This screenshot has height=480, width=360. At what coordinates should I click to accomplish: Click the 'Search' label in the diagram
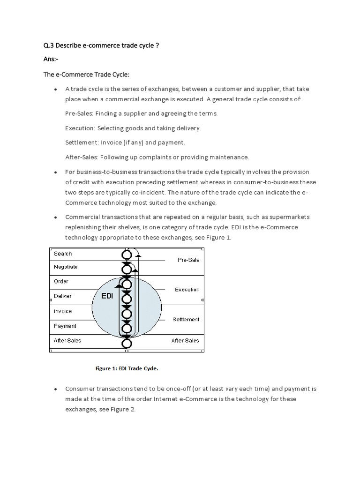63,254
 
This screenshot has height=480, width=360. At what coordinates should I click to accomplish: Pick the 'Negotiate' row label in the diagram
66,267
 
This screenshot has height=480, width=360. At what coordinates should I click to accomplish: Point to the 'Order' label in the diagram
61,281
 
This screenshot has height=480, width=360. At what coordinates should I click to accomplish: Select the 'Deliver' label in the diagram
63,296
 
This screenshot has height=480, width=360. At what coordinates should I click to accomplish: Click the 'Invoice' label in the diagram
63,311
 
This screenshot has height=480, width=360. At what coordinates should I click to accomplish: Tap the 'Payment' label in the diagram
65,326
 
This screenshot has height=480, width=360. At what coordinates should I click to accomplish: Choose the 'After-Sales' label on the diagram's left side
67,341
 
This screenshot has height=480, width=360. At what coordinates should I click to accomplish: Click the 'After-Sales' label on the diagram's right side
185,341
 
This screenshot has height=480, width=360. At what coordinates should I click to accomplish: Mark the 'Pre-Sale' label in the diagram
188,260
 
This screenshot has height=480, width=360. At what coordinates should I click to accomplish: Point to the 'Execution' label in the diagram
187,290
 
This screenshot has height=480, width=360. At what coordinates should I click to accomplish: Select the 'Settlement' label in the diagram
186,320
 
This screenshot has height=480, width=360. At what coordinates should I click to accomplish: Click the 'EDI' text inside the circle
108,296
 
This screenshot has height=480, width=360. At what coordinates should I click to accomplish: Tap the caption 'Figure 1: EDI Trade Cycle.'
127,368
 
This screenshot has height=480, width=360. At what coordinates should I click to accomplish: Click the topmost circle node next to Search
127,255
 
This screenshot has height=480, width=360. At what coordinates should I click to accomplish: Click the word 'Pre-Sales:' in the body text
79,113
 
